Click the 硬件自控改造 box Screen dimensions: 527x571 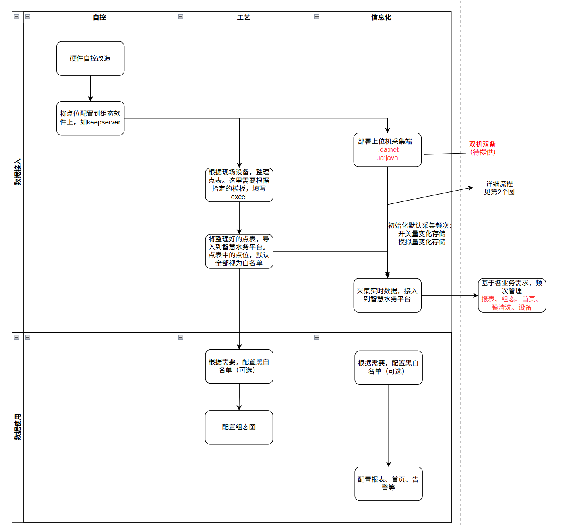90,58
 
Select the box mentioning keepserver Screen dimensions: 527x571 90,118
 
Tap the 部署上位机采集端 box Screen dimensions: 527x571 387,149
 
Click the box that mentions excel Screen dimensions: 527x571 239,185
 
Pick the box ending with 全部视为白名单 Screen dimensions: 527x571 239,251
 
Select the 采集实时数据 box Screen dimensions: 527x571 387,295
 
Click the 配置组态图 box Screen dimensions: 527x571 239,427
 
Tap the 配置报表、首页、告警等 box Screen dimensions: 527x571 388,483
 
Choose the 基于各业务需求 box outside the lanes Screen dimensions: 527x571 511,295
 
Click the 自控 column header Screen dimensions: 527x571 99,17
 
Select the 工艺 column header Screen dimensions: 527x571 244,17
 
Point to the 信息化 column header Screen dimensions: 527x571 381,17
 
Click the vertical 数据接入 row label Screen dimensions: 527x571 18,172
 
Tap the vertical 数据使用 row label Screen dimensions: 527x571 18,427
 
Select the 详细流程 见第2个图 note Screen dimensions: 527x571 499,188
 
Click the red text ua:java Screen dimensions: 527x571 387,158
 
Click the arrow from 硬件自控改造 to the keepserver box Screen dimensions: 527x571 90,88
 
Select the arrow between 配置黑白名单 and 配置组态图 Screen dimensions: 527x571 239,397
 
